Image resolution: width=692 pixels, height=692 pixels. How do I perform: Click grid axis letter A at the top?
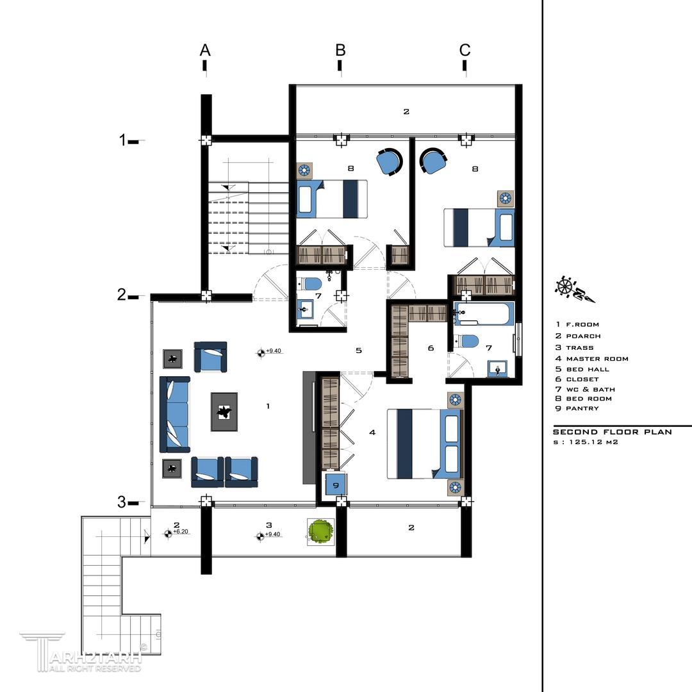[x=205, y=50]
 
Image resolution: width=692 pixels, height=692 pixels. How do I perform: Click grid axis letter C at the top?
[x=465, y=50]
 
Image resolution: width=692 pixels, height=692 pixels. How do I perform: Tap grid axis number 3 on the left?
[x=121, y=502]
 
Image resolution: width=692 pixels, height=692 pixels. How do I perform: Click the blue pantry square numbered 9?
[x=335, y=486]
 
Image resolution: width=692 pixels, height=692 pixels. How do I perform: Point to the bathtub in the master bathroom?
[x=484, y=313]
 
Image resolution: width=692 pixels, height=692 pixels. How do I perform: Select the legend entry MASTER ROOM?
[x=597, y=359]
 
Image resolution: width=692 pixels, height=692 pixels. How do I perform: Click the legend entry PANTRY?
[x=582, y=408]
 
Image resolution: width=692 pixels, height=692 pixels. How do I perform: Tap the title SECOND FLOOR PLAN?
[x=612, y=432]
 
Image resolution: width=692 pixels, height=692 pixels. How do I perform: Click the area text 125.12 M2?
[x=593, y=441]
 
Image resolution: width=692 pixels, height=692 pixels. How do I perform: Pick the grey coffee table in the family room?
[x=224, y=412]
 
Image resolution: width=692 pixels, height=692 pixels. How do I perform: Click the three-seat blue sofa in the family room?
[x=175, y=415]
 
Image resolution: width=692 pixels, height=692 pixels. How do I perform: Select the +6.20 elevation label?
[x=181, y=531]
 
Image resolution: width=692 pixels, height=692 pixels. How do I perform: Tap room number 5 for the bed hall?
[x=359, y=350]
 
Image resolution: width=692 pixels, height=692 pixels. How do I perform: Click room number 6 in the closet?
[x=431, y=348]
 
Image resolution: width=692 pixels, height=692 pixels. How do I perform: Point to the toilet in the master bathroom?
[x=467, y=341]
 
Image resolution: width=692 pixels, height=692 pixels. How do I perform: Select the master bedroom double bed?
[x=425, y=444]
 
